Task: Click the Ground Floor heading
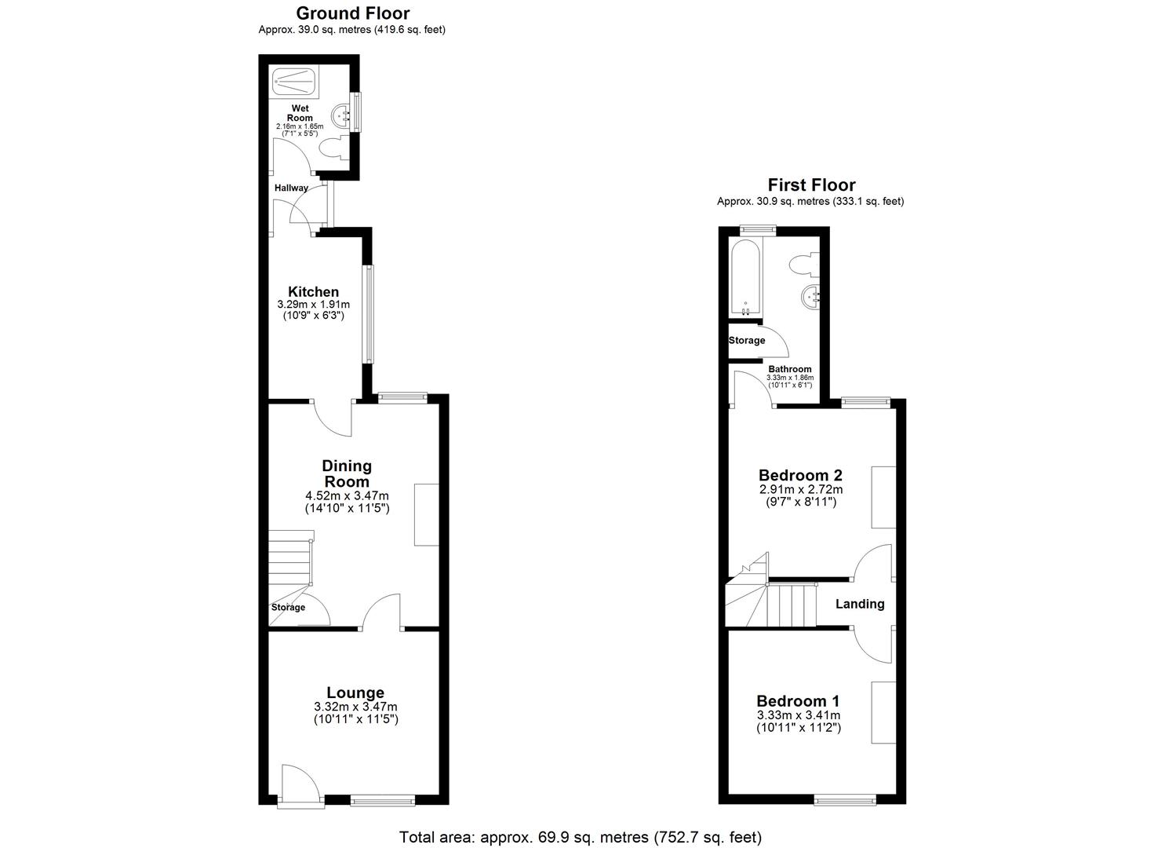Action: [x=352, y=13]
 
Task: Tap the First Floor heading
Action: [x=810, y=185]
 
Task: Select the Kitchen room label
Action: [x=313, y=292]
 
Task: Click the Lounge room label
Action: [x=355, y=693]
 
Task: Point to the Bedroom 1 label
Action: [x=798, y=701]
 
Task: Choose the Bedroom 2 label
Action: [x=800, y=475]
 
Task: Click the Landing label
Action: [x=859, y=604]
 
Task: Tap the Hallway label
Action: [x=291, y=188]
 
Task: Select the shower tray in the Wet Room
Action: [x=294, y=80]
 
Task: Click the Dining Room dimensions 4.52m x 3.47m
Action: [x=347, y=496]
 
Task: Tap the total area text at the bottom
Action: [x=581, y=837]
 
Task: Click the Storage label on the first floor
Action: [x=746, y=341]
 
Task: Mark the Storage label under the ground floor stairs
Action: [x=288, y=608]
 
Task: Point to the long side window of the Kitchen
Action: [x=368, y=314]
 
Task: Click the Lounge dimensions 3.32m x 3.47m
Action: [x=355, y=707]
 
